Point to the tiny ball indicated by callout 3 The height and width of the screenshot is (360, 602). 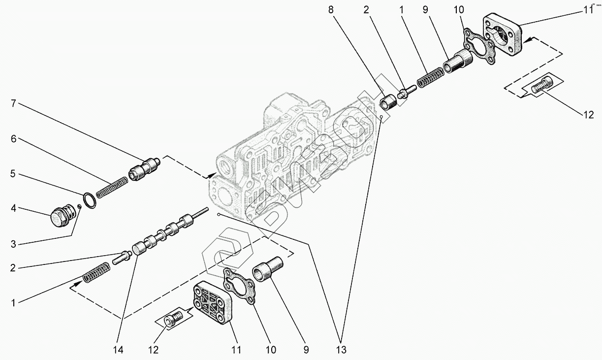click(79, 206)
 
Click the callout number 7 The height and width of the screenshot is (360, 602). click(14, 103)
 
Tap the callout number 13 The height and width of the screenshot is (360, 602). click(341, 350)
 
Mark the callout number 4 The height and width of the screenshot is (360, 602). click(14, 209)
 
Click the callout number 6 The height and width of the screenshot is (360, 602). click(14, 139)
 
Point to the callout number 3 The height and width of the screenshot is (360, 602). click(14, 244)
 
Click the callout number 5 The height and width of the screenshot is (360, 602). click(14, 174)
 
